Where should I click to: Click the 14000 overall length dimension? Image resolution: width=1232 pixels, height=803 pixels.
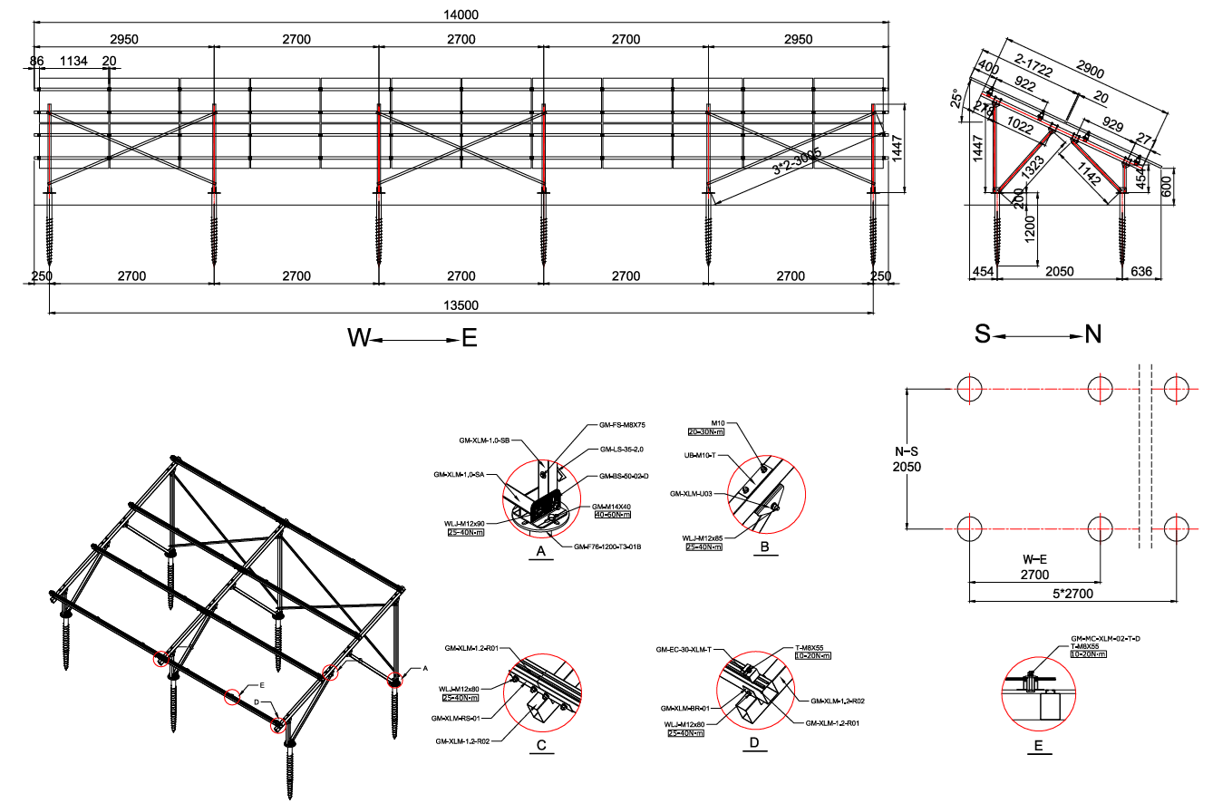point(461,15)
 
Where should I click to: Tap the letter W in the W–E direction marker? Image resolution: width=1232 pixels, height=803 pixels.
point(359,338)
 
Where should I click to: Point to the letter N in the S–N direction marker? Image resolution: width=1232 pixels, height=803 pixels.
point(1093,334)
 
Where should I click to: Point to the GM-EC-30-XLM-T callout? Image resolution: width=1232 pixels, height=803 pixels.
point(684,649)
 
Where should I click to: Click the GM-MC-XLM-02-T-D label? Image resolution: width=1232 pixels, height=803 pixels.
point(1105,639)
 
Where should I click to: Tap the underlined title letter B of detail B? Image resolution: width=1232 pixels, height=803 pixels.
point(764,547)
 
